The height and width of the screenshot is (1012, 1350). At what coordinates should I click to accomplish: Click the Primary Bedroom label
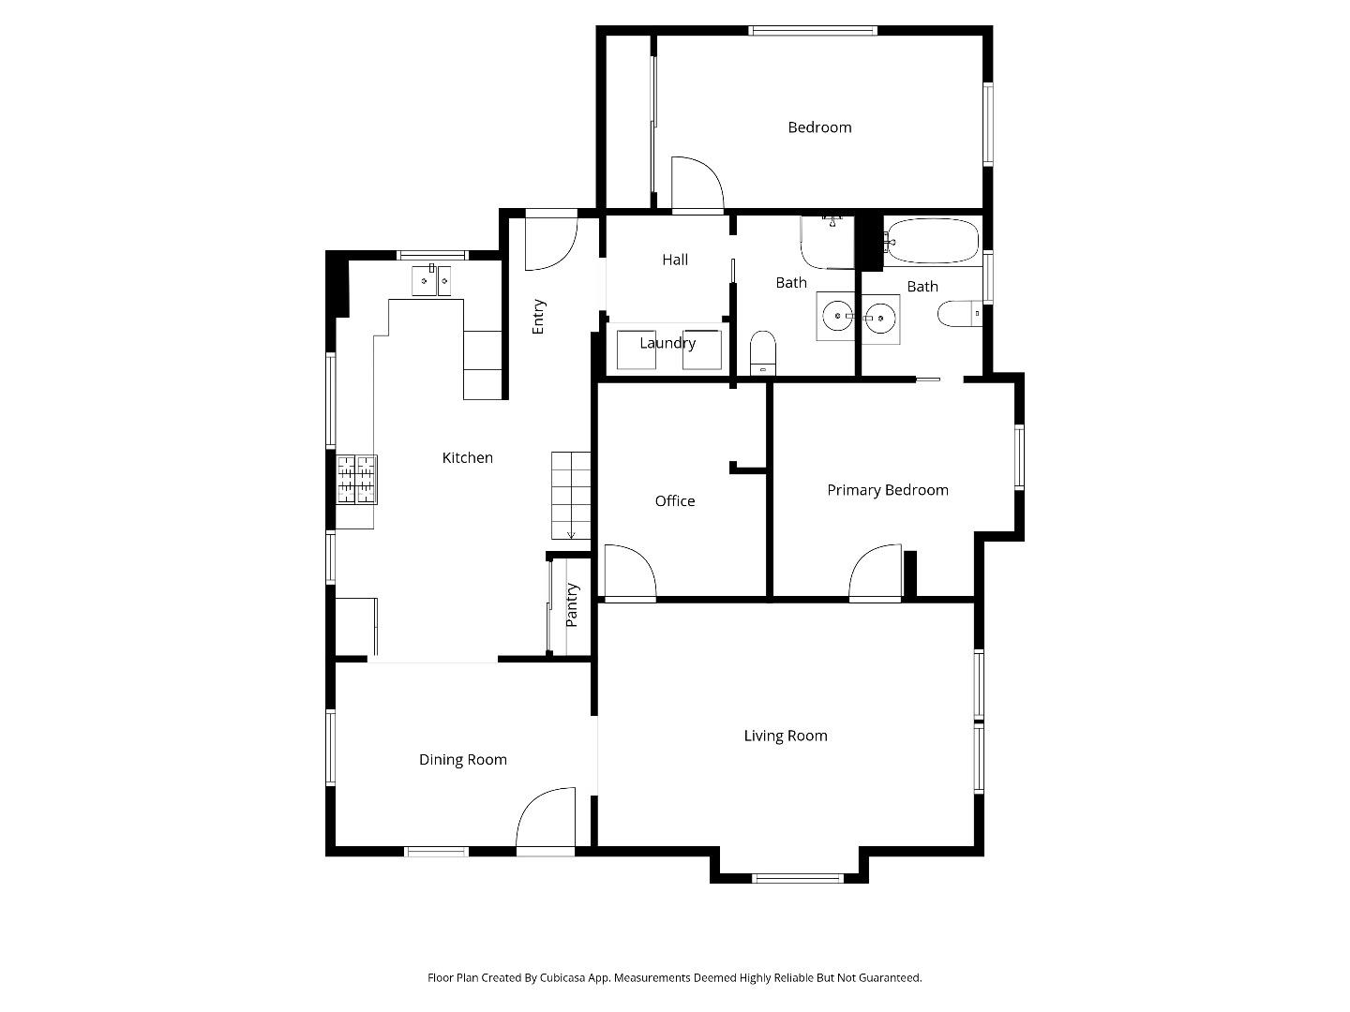(887, 490)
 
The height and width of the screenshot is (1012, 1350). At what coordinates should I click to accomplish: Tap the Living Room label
(786, 736)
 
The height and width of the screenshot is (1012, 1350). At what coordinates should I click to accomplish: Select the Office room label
(675, 501)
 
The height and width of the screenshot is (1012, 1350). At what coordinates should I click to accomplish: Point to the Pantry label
(572, 605)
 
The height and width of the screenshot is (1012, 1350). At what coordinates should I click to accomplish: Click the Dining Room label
(463, 760)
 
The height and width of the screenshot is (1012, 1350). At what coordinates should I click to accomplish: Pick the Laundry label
(667, 343)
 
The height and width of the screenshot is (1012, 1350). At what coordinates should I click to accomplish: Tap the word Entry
(539, 317)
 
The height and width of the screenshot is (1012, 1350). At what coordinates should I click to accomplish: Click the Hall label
(675, 260)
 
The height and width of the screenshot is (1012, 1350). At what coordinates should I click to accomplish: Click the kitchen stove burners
(356, 479)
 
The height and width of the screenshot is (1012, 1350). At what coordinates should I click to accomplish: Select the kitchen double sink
(431, 280)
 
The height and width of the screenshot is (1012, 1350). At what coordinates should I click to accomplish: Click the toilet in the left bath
(763, 351)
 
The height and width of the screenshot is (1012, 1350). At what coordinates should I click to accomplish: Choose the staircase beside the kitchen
(571, 495)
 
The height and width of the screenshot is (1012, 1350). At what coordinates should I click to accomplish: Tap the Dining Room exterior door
(546, 821)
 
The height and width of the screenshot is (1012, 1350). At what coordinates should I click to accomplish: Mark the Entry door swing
(550, 242)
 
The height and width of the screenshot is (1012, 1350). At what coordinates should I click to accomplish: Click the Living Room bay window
(798, 878)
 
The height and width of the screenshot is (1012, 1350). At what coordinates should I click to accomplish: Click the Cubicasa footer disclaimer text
(675, 977)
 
